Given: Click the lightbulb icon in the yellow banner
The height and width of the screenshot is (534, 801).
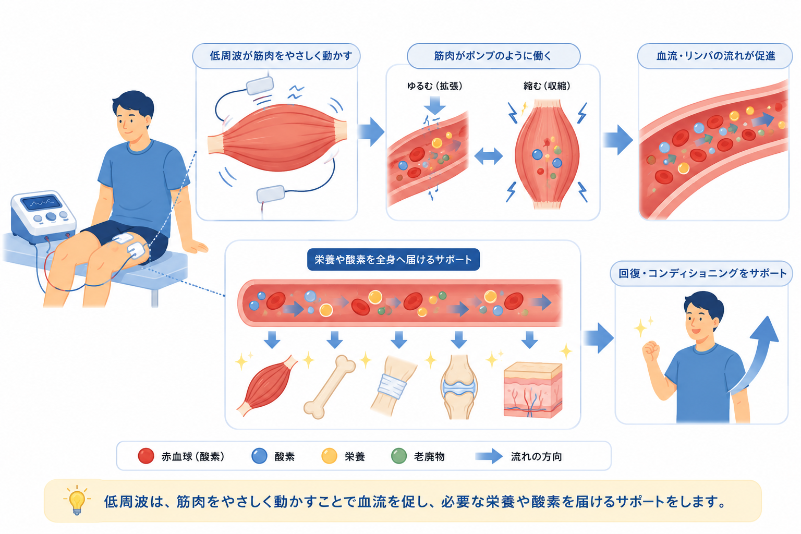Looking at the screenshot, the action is click(x=77, y=500).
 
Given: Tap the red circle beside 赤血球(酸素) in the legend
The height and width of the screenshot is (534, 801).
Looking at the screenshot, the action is click(x=146, y=456).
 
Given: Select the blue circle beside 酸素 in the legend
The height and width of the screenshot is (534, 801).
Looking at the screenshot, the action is click(x=259, y=456).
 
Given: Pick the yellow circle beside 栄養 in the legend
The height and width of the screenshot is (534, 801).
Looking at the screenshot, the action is click(x=329, y=456).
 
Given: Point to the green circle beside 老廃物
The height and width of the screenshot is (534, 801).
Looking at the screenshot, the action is click(x=399, y=456).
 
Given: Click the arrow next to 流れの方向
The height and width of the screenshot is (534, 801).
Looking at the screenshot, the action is click(x=489, y=456).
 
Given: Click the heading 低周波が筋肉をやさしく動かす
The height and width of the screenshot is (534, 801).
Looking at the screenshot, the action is click(x=281, y=56).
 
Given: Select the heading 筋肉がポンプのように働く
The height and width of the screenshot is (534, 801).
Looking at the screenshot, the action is click(x=493, y=56).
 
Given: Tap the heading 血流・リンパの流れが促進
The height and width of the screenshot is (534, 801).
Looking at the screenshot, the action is click(x=715, y=56).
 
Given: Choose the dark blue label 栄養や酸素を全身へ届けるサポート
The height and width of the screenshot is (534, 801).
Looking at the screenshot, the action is click(x=393, y=259).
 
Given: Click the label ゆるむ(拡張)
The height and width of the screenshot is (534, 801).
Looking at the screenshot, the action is click(x=435, y=86).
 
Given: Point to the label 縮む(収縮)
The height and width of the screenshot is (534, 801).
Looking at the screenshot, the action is click(x=547, y=86).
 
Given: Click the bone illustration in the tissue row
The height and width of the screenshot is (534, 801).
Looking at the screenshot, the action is click(x=330, y=386).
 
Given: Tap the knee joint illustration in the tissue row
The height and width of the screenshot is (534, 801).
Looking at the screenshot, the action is click(x=459, y=387).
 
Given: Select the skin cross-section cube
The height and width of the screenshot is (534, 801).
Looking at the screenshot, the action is click(x=533, y=390).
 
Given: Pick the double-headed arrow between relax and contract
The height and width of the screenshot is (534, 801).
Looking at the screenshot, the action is click(x=489, y=156).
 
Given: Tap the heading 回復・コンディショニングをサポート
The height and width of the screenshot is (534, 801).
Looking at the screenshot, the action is click(x=702, y=274).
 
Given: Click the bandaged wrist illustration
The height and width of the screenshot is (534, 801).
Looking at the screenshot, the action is click(x=393, y=386).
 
